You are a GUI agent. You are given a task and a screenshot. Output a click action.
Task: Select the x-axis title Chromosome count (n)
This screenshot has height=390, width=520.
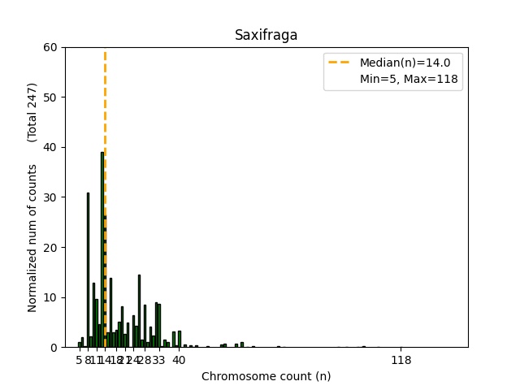pyautogui.click(x=266, y=376)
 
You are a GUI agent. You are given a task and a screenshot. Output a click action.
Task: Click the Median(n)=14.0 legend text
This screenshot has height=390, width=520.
pyautogui.click(x=410, y=62)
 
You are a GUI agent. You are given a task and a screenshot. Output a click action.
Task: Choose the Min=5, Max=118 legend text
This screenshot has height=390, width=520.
pyautogui.click(x=410, y=79)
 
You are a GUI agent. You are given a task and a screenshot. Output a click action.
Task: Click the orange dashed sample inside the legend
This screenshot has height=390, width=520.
pyautogui.click(x=341, y=62)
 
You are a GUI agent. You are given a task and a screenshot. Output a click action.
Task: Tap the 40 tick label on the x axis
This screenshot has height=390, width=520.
pyautogui.click(x=179, y=360)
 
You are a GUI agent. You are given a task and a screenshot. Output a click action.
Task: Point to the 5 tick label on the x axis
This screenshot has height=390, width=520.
pyautogui.click(x=79, y=360)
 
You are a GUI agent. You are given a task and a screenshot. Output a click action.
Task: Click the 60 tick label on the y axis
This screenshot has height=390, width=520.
pyautogui.click(x=50, y=47)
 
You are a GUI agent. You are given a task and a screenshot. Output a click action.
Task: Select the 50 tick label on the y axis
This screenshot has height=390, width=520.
pyautogui.click(x=50, y=97)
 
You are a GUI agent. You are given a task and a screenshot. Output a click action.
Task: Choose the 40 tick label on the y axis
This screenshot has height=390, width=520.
pyautogui.click(x=50, y=147)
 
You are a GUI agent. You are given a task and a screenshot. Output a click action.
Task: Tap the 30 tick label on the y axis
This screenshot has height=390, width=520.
pyautogui.click(x=50, y=197)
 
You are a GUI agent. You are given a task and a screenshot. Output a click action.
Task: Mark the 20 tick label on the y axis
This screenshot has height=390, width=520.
pyautogui.click(x=50, y=247)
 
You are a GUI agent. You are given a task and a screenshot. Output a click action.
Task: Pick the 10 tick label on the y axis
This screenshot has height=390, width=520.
pyautogui.click(x=50, y=297)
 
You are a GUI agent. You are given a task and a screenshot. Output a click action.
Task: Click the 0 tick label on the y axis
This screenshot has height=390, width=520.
pyautogui.click(x=54, y=347)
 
